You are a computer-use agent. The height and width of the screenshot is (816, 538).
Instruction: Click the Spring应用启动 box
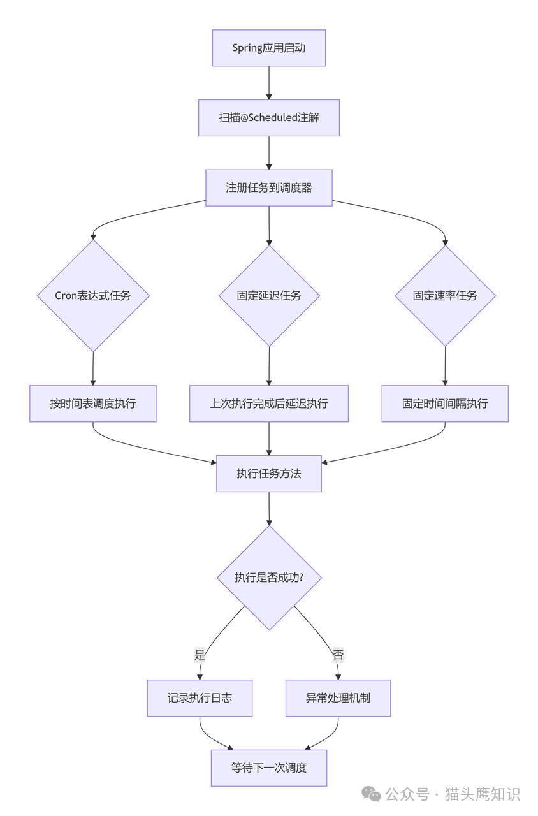268,48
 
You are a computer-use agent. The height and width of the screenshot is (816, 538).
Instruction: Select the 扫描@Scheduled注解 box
268,118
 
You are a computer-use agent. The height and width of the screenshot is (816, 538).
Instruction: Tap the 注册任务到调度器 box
268,187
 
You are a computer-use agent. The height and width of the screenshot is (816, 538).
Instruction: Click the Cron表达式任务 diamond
93,296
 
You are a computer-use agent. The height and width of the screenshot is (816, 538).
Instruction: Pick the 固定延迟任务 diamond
269,296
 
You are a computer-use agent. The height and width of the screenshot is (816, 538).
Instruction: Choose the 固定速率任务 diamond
445,296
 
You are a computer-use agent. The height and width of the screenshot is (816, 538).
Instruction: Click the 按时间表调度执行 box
93,404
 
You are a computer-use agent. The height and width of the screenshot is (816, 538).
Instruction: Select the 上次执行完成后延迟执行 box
269,404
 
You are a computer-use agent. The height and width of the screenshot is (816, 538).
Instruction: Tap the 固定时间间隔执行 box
445,404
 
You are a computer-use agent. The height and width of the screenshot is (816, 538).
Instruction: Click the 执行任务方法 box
268,474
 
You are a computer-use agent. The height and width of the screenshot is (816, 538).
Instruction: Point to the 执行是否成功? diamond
269,578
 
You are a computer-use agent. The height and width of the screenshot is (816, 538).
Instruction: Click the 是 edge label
200,655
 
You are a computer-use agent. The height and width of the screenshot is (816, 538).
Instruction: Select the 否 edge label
338,655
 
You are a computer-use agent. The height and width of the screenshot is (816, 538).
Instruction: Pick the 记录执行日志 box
200,698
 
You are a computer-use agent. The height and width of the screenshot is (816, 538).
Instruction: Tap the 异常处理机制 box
338,698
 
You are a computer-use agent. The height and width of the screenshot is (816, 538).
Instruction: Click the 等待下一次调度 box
268,768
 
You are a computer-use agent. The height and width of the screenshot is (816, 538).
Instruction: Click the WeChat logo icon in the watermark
371,794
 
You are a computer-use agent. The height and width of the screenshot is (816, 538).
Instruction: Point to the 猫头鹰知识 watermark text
483,794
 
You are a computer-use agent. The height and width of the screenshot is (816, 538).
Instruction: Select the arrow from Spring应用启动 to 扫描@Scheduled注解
268,83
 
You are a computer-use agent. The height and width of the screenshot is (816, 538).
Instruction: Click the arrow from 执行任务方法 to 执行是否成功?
268,508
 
